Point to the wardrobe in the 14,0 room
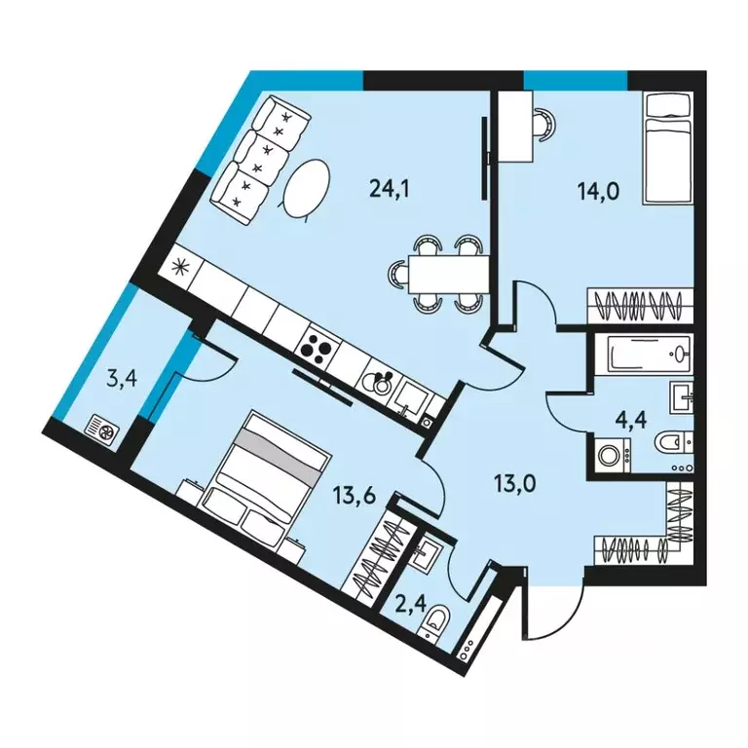[639, 306]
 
